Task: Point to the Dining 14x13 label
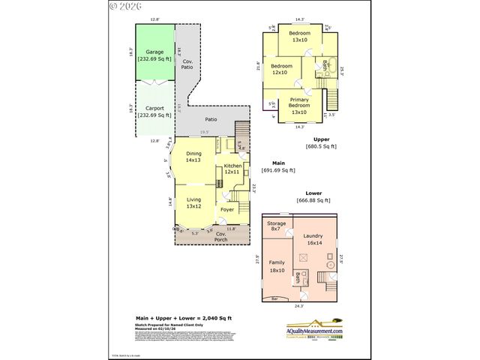tap(193, 157)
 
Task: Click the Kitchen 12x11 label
tap(232, 169)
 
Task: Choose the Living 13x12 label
tap(193, 202)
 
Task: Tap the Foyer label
tap(227, 209)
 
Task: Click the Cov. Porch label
tap(221, 235)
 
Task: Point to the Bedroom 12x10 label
tap(280, 70)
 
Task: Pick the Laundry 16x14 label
tap(313, 239)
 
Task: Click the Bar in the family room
tap(274, 299)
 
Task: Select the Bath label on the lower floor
tap(298, 278)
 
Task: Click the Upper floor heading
tap(321, 139)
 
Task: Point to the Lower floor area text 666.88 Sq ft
tap(314, 200)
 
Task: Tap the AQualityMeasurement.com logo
tap(314, 331)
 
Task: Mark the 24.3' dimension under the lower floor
tap(299, 306)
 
